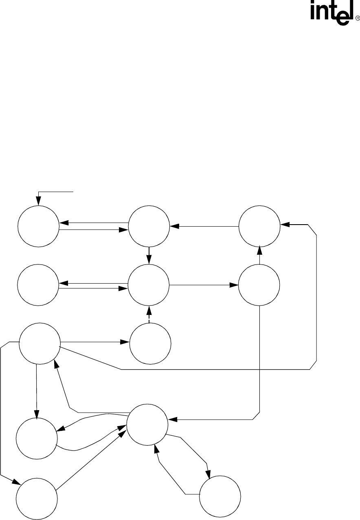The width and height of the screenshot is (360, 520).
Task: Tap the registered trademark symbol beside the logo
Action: [x=358, y=18]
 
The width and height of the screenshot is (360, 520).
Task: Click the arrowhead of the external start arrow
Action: [x=39, y=201]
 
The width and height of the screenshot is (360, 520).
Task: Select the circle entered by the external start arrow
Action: [x=39, y=226]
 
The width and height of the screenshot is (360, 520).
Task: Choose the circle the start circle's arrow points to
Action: [x=149, y=226]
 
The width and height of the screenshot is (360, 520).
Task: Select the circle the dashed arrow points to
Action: [x=149, y=285]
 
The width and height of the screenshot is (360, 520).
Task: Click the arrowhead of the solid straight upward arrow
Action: [x=259, y=249]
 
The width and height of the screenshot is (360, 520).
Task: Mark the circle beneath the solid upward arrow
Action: [x=259, y=285]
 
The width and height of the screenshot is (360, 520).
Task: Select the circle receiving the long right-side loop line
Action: [x=259, y=226]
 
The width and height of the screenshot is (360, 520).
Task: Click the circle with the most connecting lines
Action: [x=147, y=425]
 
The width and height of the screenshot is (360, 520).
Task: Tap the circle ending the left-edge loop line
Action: [x=37, y=498]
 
